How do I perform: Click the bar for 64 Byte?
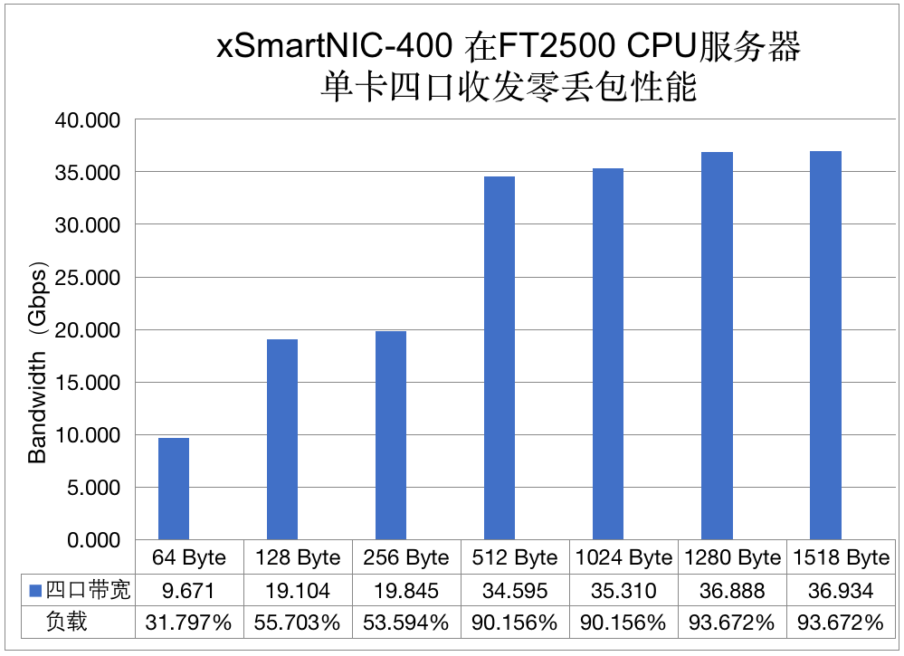coord(174,489)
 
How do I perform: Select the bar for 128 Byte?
coord(282,440)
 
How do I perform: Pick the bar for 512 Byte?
coord(500,358)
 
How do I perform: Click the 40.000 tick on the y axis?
coord(89,119)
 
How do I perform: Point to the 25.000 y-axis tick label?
coord(89,277)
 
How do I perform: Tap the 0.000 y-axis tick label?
coord(94,540)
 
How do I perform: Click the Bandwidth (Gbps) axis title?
coord(38,362)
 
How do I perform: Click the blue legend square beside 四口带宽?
coord(35,591)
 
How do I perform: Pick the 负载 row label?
coord(67,623)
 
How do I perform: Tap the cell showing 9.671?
coord(188,591)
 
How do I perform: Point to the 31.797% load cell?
coord(188,623)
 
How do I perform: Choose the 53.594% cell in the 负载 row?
coord(406,623)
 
